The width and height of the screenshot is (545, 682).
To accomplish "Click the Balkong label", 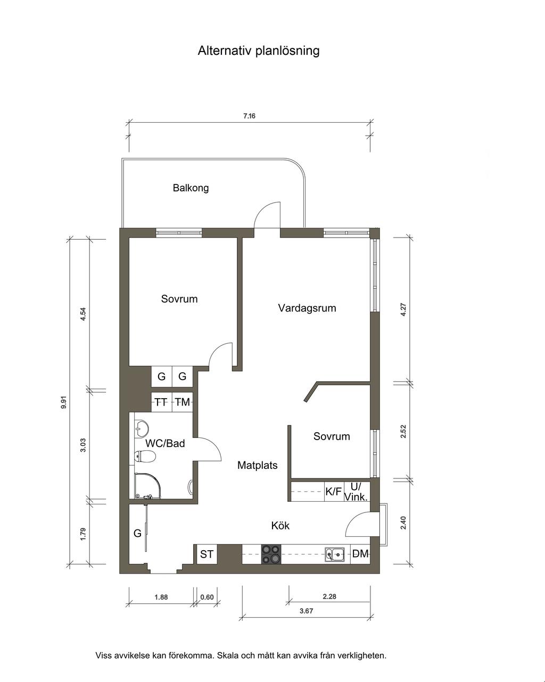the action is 191,188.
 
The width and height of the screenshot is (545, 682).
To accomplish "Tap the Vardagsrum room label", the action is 307,308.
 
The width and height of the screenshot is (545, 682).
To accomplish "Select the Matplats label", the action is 257,465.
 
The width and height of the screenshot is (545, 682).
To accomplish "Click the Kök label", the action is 280,525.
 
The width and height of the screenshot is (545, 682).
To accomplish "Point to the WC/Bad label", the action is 165,443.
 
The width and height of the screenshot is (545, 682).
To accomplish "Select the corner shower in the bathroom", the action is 147,485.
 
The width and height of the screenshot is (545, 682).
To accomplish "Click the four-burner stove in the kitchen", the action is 271,554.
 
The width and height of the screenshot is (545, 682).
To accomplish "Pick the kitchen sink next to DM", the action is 335,554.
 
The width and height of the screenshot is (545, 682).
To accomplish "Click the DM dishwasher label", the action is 360,554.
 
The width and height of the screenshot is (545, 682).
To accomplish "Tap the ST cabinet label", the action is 207,554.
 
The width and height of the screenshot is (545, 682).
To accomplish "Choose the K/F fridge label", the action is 333,492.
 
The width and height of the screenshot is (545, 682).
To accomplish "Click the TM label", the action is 182,402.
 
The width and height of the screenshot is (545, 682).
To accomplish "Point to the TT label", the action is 161,402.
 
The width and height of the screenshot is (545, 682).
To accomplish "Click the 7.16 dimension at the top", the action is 249,116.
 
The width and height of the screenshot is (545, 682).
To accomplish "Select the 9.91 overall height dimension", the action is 64,402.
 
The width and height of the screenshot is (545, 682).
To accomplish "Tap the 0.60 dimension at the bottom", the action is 207,597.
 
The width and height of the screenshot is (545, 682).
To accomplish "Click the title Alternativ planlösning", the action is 258,50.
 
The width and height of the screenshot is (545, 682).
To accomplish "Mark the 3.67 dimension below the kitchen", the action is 307,611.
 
